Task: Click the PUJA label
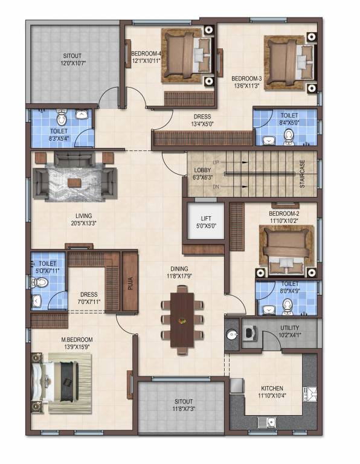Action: (x=130, y=283)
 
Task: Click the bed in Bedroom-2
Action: (x=287, y=248)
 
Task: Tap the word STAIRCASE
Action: (x=302, y=174)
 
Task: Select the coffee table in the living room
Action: (x=74, y=182)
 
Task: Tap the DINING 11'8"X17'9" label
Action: (x=179, y=272)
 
